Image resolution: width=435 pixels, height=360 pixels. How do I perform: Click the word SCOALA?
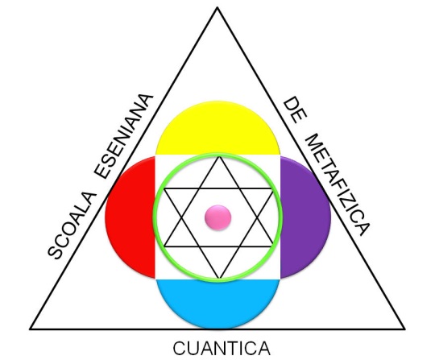[x=72, y=226]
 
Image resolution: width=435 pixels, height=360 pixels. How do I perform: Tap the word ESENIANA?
[x=124, y=136]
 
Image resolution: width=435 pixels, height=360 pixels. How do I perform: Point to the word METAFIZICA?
[x=337, y=184]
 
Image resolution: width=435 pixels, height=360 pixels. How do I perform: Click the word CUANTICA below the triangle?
[x=222, y=349]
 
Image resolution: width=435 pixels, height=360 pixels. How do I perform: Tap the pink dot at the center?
[x=217, y=217]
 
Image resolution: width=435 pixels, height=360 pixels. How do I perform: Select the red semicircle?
[x=130, y=217]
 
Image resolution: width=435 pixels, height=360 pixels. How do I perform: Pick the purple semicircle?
[x=305, y=217]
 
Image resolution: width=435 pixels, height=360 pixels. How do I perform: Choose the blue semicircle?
[x=217, y=304]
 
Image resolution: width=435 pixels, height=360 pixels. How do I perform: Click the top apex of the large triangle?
[x=217, y=8]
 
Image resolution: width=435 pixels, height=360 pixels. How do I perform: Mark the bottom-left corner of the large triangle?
[x=30, y=329]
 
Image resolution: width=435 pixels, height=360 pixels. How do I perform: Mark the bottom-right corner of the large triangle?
[x=404, y=329]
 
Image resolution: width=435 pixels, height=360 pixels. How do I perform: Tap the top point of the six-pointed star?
[x=219, y=157]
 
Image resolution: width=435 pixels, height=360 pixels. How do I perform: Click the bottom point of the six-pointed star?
[x=219, y=278]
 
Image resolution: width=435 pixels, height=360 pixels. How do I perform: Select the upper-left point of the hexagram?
[x=164, y=189]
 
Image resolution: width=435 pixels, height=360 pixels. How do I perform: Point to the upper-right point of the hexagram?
[x=274, y=189]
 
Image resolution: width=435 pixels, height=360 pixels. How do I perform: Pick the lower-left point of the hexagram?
[x=164, y=246]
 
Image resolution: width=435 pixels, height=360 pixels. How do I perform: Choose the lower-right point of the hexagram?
[x=274, y=246]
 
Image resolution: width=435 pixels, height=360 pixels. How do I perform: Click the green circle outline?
[x=153, y=217]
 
